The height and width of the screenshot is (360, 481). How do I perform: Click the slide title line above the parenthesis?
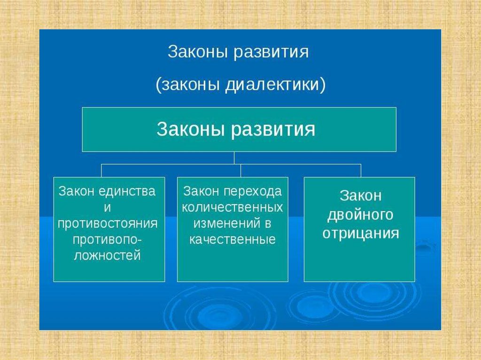238,52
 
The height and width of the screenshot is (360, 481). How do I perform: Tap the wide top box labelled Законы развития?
239,129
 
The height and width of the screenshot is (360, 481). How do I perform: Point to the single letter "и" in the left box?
109,207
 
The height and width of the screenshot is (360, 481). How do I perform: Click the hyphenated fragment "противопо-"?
108,239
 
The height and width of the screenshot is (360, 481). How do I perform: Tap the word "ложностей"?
108,255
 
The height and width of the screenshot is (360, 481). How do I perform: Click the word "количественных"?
233,207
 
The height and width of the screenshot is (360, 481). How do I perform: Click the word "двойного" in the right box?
360,214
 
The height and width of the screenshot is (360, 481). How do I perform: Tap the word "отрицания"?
360,233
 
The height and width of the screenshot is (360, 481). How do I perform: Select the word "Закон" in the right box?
360,196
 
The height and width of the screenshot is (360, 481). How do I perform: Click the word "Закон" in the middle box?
202,191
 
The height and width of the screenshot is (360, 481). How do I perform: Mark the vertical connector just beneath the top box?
233,158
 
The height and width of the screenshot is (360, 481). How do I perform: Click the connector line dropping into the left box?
101,170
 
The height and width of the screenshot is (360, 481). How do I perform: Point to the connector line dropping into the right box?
361,170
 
